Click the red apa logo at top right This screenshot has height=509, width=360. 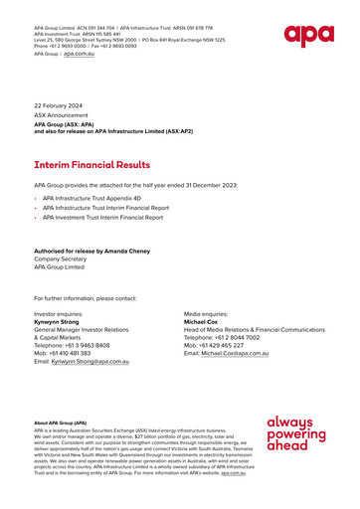tap(308, 36)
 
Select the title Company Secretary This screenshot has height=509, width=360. tap(63, 259)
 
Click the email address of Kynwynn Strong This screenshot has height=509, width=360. tap(97, 362)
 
